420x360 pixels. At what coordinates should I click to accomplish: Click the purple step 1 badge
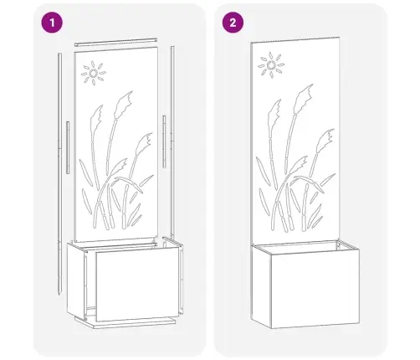(x=52, y=23)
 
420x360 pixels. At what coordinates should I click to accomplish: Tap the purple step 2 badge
(x=233, y=23)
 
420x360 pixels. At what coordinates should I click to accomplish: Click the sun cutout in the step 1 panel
(x=94, y=73)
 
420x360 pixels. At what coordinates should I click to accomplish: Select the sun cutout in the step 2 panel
(x=271, y=65)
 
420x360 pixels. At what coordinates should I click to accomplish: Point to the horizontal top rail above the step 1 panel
(x=116, y=43)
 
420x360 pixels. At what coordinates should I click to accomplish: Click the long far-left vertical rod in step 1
(x=59, y=173)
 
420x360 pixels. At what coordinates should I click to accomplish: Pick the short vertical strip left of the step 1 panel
(x=68, y=147)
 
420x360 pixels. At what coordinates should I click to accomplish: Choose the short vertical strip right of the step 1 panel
(x=164, y=141)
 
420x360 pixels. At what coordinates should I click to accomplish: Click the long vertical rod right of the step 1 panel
(x=172, y=142)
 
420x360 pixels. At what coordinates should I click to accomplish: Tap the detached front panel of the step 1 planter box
(x=137, y=284)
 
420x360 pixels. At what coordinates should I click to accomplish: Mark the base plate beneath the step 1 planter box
(x=125, y=322)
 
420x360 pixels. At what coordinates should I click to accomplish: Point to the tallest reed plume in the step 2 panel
(x=303, y=98)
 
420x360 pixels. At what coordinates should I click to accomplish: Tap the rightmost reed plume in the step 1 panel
(x=145, y=143)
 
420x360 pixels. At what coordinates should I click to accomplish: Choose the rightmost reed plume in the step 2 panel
(x=325, y=141)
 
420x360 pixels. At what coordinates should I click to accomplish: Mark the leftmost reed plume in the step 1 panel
(x=96, y=119)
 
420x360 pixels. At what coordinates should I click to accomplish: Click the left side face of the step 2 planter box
(x=261, y=286)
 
